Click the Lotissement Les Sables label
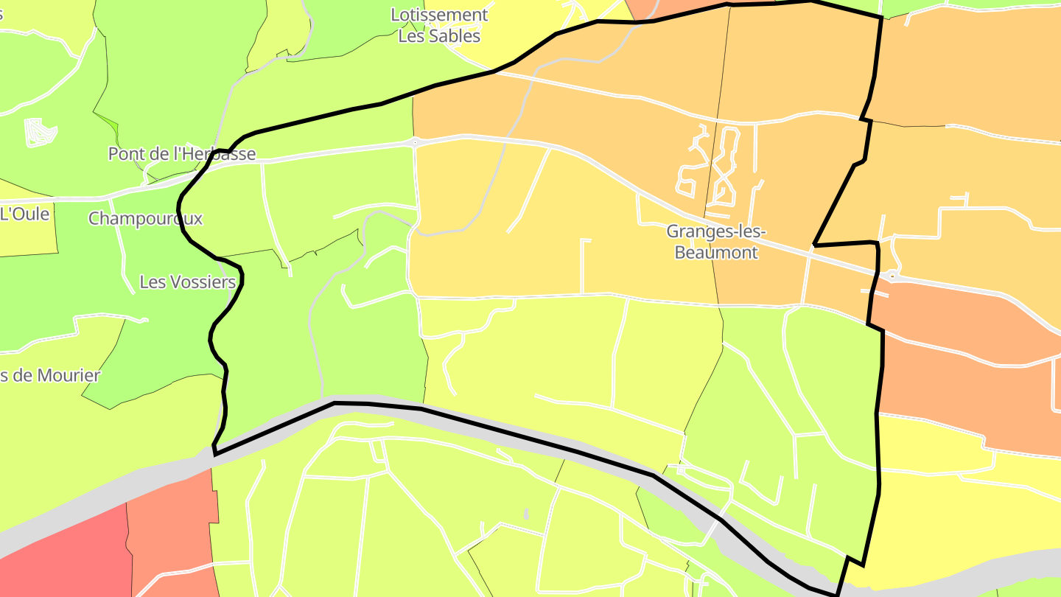click(x=439, y=25)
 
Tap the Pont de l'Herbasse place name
click(x=182, y=154)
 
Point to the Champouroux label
click(x=145, y=219)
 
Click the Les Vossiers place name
click(x=187, y=282)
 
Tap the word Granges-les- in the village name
click(x=716, y=231)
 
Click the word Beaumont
click(x=716, y=253)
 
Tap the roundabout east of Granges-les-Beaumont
click(x=892, y=276)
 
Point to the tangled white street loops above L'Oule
click(x=40, y=132)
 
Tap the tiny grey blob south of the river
click(x=526, y=513)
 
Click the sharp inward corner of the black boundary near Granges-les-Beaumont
click(x=814, y=244)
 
